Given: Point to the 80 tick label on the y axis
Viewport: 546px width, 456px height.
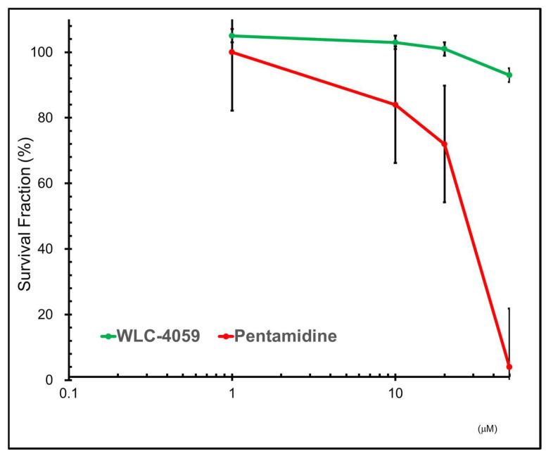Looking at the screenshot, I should [x=53, y=118].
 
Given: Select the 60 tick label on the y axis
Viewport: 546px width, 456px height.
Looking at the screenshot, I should [x=53, y=184].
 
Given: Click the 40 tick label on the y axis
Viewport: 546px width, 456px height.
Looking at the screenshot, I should [x=53, y=249].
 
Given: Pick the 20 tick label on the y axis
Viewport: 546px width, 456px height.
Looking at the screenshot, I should [x=53, y=315].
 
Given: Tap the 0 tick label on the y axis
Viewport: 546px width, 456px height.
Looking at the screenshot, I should [x=57, y=380].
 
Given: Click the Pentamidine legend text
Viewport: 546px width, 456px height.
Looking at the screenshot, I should [x=285, y=336].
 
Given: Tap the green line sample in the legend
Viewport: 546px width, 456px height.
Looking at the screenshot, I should [x=109, y=336].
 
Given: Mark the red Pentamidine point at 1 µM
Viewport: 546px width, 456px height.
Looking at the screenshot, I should [x=231, y=52].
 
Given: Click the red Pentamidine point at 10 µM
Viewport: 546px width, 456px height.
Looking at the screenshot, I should [x=395, y=105].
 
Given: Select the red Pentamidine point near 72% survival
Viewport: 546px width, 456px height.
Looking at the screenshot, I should [x=444, y=144].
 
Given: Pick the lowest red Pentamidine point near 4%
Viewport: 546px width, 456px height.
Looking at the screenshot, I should [x=509, y=367].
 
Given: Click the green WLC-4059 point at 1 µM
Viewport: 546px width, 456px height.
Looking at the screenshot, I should [x=231, y=36].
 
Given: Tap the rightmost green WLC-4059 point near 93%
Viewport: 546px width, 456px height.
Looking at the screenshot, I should [x=509, y=75].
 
